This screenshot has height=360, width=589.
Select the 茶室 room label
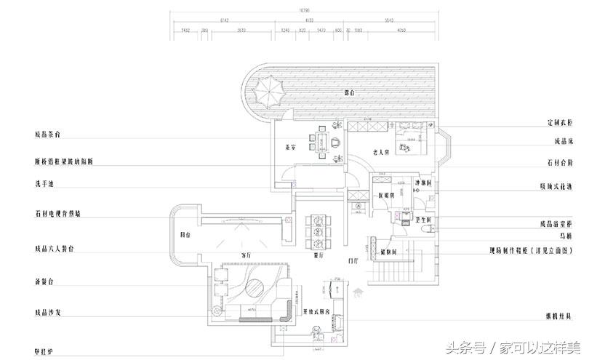click(289, 148)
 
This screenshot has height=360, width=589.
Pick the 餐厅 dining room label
click(318, 256)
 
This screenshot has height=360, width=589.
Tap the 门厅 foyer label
click(353, 260)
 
